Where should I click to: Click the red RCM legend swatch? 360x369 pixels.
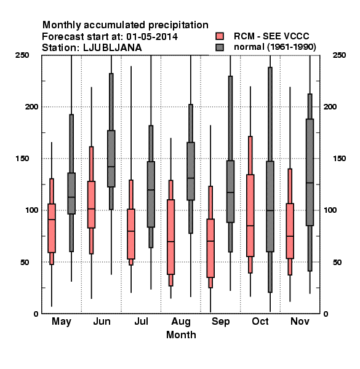click(220, 36)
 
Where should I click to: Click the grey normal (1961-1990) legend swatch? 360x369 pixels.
click(220, 47)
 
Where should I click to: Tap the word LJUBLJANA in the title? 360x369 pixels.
click(113, 48)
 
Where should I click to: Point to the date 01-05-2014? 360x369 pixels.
click(152, 37)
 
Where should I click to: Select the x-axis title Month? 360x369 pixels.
click(181, 335)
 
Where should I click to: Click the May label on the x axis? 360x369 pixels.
click(62, 322)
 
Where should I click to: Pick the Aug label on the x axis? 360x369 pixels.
click(181, 322)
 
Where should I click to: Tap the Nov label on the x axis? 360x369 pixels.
click(300, 321)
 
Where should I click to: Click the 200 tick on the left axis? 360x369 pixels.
click(31, 107)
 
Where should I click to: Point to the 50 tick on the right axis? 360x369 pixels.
click(337, 262)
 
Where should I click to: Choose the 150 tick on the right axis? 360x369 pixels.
click(339, 159)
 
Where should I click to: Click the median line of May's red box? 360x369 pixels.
click(52, 220)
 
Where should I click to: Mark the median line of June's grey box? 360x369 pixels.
click(111, 167)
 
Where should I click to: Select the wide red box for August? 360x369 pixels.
click(170, 237)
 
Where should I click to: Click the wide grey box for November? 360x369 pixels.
click(310, 172)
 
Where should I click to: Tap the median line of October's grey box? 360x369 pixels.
click(270, 210)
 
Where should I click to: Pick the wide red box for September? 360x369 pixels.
click(210, 248)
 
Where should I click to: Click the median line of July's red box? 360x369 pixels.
click(131, 231)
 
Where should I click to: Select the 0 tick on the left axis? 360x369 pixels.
click(36, 314)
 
